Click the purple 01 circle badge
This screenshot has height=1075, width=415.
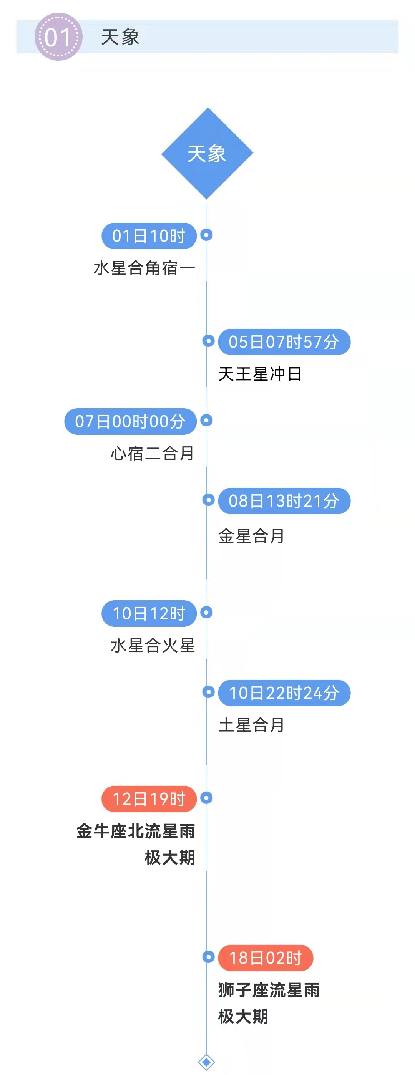[x=58, y=37]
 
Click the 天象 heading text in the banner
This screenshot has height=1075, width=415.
[x=120, y=37]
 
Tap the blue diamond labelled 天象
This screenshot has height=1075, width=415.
[x=207, y=153]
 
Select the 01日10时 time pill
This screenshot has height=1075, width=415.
[x=149, y=236]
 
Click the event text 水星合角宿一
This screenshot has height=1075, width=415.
[x=144, y=268]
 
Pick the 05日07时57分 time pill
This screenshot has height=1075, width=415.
[x=284, y=342]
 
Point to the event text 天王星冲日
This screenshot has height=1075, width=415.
[x=260, y=374]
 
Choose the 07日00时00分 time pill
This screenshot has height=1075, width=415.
[x=130, y=421]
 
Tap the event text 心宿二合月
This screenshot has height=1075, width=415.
[x=153, y=454]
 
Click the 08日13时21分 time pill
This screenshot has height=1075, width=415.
[x=284, y=501]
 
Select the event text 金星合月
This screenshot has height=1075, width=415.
[x=251, y=536]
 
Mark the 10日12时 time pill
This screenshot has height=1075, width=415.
[x=149, y=613]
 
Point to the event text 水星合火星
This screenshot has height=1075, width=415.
[x=153, y=646]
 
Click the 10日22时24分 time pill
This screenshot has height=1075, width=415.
[x=284, y=693]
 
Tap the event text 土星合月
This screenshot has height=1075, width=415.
[x=251, y=725]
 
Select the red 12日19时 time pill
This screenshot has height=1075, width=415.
[x=149, y=799]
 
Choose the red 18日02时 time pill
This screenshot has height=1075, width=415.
[x=266, y=958]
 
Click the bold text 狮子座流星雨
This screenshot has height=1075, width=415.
[x=269, y=990]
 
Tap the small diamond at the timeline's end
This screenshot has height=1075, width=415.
[x=207, y=1062]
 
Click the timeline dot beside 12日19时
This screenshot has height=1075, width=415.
[x=207, y=798]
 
